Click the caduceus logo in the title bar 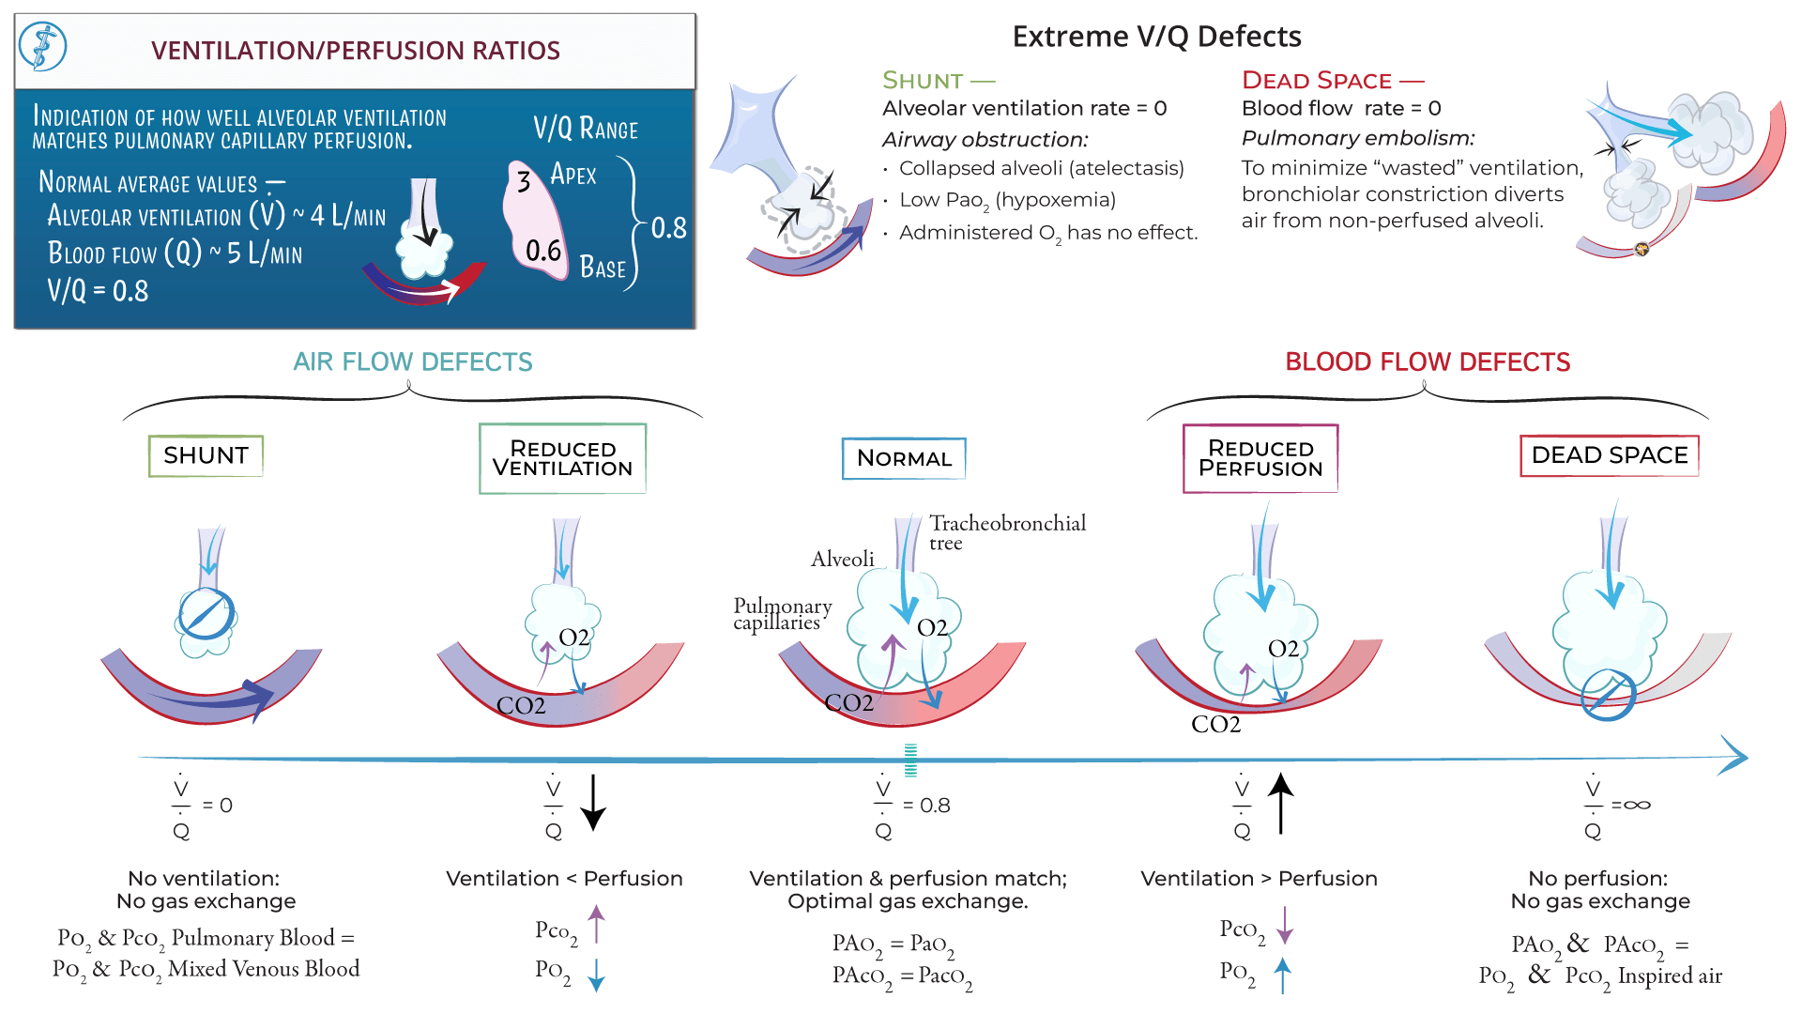42,47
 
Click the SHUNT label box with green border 206,456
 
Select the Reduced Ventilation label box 562,458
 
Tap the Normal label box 904,458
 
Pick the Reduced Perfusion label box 1260,458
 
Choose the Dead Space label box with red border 1609,455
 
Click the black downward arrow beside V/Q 593,804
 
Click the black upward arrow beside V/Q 1281,804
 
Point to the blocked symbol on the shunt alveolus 206,615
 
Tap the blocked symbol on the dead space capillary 1608,696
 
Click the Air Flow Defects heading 412,362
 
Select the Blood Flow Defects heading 1427,362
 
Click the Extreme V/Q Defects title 1156,37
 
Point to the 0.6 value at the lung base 543,251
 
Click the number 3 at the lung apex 524,181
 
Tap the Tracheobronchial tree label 1007,532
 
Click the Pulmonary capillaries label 782,614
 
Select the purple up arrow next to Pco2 596,924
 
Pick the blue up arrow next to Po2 1283,975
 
